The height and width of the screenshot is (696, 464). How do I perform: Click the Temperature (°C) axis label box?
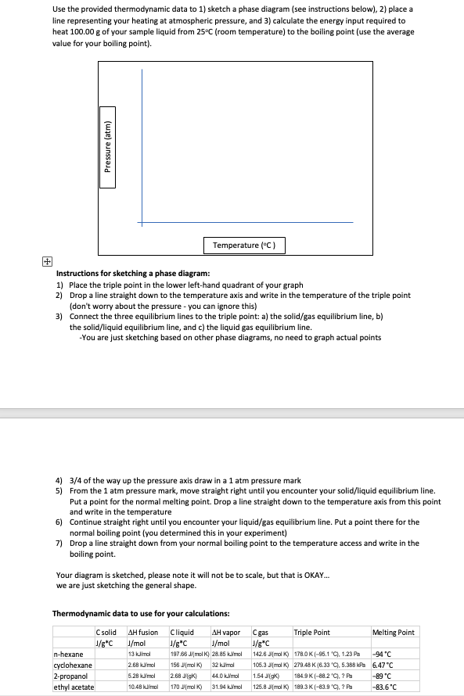(245, 246)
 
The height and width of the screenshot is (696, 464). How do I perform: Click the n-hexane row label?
(68, 655)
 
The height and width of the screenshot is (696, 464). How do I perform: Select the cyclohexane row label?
(73, 666)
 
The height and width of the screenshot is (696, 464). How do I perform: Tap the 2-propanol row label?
(70, 676)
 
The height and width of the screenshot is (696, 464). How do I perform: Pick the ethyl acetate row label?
(73, 687)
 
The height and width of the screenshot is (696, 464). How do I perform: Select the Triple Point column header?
(311, 632)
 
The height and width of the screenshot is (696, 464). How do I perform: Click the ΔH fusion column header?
(142, 632)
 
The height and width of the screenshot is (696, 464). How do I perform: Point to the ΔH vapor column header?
(226, 632)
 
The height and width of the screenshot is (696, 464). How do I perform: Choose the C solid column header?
(106, 632)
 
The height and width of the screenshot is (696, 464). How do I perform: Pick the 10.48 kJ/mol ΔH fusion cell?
(142, 687)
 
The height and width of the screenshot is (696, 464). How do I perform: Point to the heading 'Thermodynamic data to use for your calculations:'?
(140, 613)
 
